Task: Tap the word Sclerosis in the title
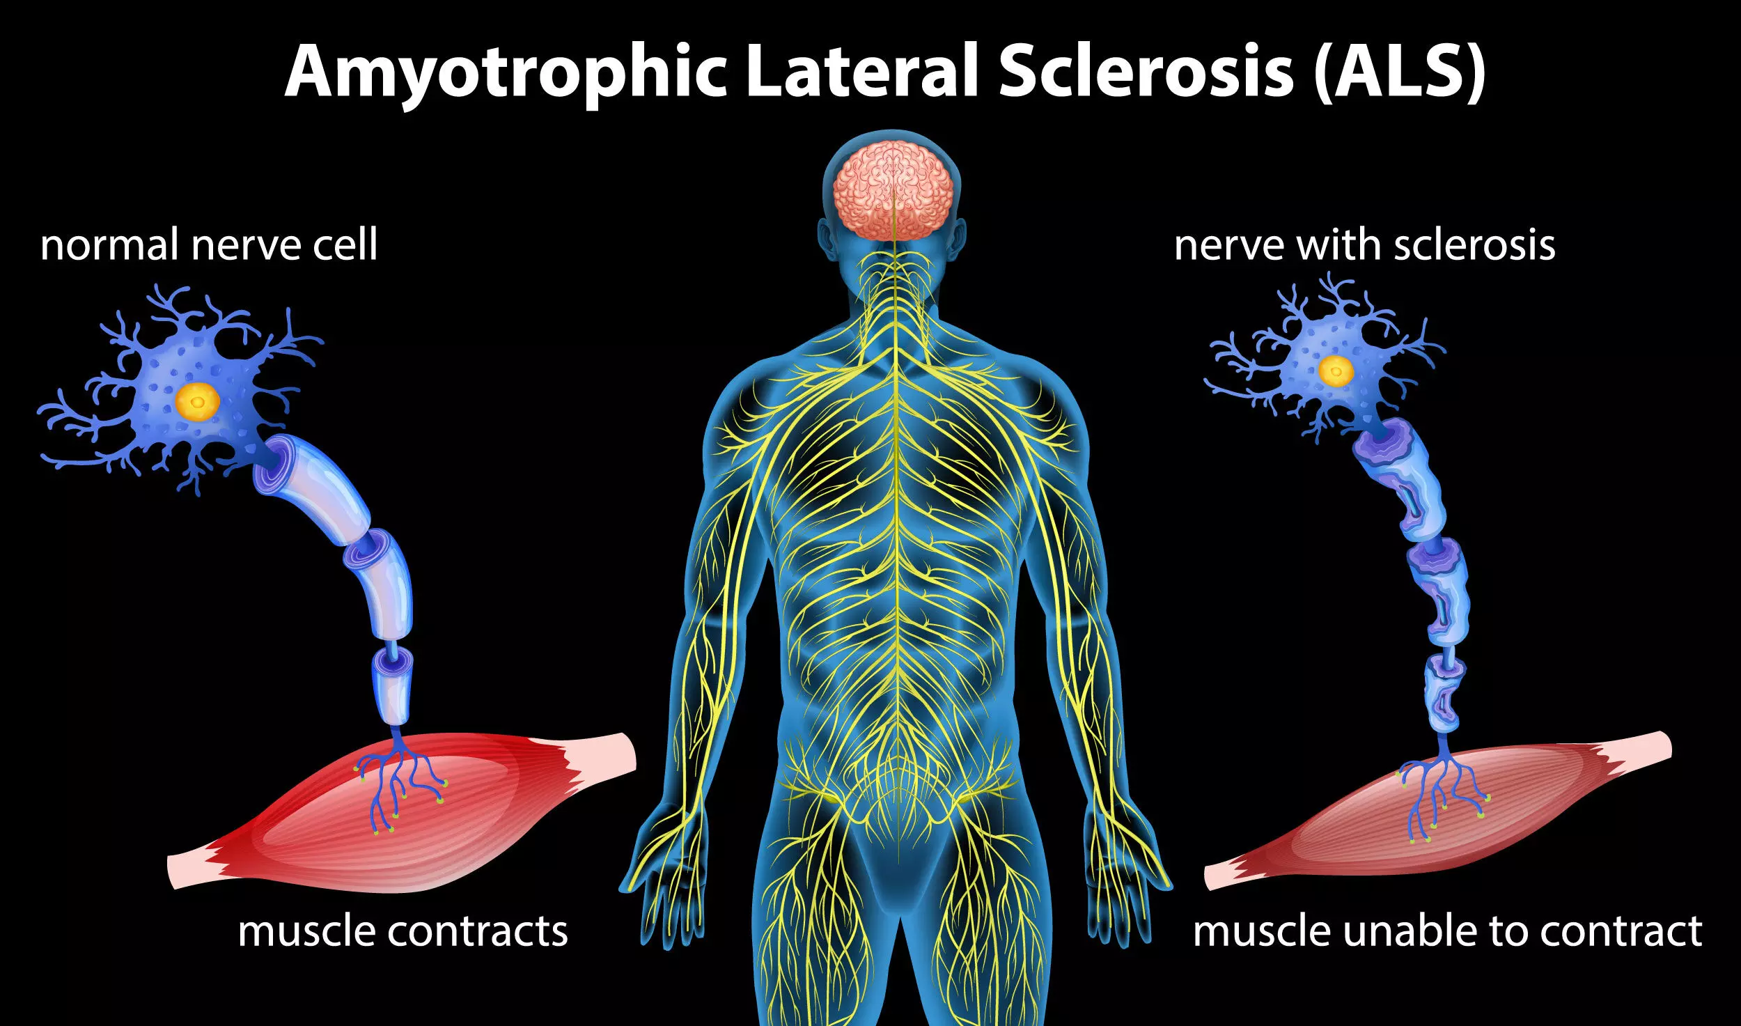(x=1146, y=72)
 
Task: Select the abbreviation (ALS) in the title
(x=1400, y=72)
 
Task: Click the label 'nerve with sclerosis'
(x=1364, y=245)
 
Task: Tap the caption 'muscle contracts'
(x=403, y=931)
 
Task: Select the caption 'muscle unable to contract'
(x=1447, y=931)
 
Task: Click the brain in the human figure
(x=893, y=189)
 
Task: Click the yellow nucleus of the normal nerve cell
(x=198, y=401)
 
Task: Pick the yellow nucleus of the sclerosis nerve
(x=1336, y=371)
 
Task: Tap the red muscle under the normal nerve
(x=446, y=829)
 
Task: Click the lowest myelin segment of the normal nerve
(x=393, y=686)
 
